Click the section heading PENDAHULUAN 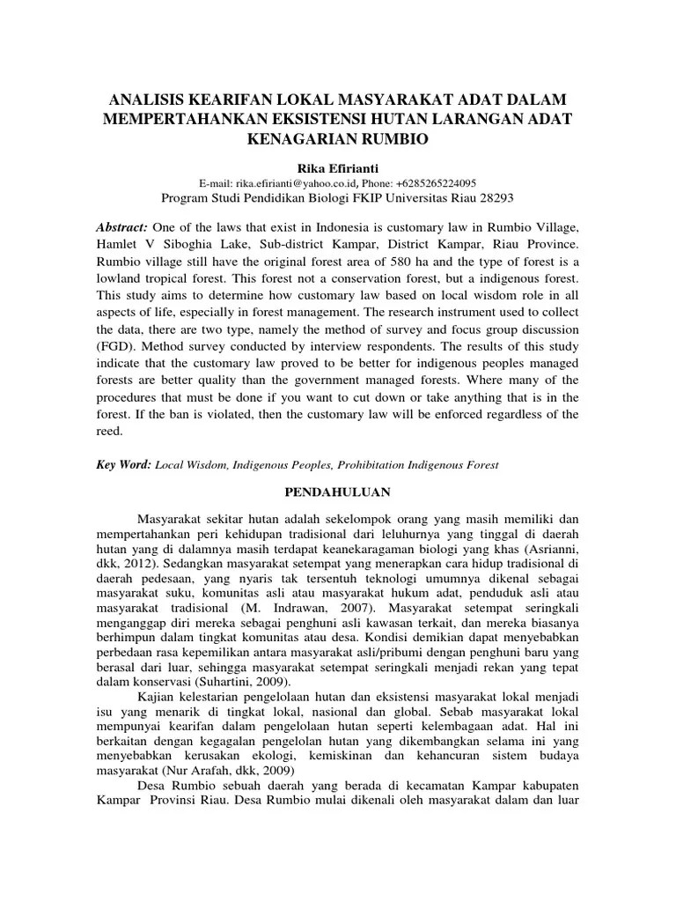pyautogui.click(x=338, y=494)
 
